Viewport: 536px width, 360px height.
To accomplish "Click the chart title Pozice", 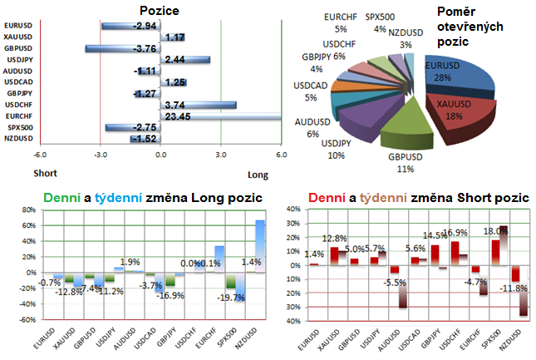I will click(160, 11).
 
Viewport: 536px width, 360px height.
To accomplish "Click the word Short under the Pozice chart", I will click(45, 175).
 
